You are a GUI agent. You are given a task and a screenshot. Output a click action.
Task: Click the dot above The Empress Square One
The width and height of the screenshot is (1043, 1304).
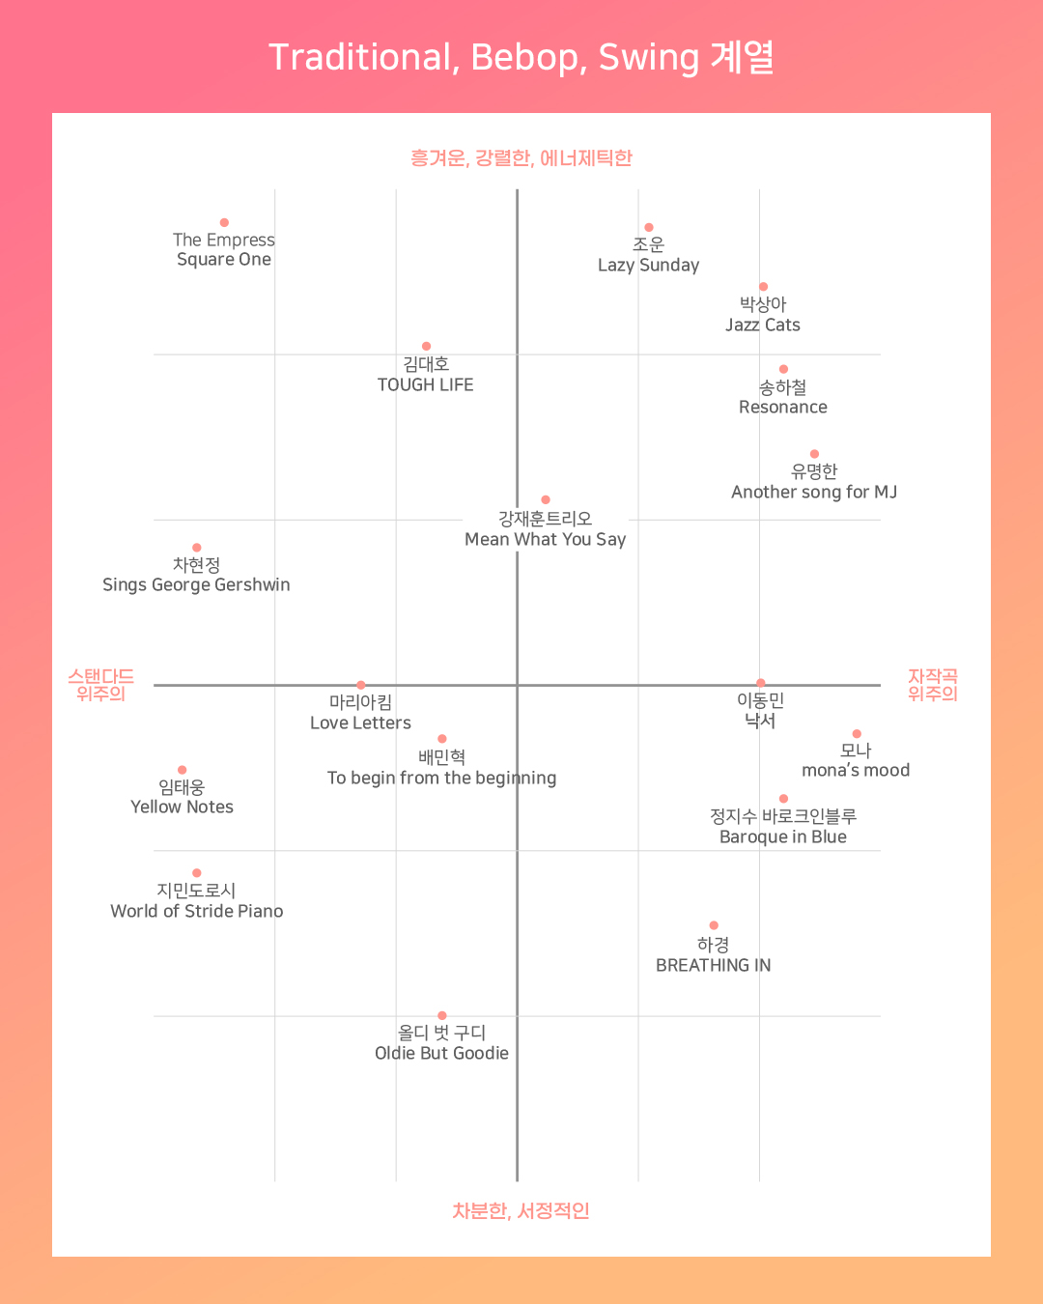[224, 223]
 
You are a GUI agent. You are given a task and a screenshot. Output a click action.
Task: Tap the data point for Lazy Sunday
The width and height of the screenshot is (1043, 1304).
[649, 228]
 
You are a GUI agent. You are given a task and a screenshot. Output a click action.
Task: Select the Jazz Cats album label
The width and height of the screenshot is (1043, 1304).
[763, 325]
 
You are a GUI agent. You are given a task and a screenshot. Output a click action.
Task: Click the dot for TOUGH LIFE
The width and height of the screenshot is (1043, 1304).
[426, 346]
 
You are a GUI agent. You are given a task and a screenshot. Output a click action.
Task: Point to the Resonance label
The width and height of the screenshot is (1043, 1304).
[783, 407]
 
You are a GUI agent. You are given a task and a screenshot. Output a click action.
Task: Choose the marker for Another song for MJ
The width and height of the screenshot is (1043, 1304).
[814, 454]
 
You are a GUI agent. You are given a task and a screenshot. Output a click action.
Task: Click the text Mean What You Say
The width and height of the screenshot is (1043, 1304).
[546, 539]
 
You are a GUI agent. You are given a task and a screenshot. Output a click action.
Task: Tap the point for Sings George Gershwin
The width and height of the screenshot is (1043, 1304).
[197, 548]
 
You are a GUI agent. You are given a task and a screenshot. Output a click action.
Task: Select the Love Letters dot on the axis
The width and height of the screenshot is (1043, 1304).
[361, 685]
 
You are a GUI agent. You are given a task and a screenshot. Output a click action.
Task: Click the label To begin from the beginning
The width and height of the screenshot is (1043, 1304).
[441, 778]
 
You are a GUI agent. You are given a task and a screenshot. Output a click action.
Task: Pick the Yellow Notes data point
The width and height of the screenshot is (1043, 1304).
[182, 770]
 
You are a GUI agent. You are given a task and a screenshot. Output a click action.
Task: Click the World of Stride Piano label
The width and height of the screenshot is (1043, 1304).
[197, 911]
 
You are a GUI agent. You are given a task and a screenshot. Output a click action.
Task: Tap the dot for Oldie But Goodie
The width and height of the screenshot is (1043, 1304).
[442, 1015]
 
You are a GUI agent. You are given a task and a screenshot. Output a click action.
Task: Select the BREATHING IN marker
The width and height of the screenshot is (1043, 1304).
[714, 925]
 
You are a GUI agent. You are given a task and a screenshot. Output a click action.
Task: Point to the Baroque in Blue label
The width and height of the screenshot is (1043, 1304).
[783, 836]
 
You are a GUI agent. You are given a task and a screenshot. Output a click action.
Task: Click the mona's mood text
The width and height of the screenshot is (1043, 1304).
[856, 770]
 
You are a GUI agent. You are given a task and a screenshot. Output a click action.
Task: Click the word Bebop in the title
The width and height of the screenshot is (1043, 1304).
[525, 58]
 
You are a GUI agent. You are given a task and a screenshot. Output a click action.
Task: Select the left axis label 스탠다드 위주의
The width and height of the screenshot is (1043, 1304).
[100, 685]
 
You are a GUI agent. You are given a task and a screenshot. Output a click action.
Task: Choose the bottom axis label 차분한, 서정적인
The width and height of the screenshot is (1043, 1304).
[521, 1210]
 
